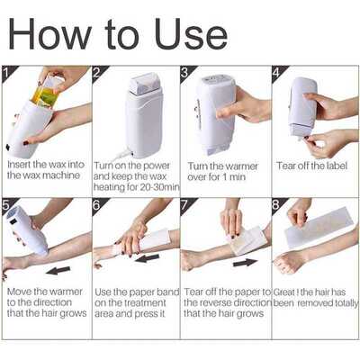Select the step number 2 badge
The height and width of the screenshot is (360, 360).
click(x=98, y=72)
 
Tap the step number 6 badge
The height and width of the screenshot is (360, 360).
click(x=98, y=204)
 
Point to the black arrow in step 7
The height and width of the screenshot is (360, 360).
click(x=245, y=263)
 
